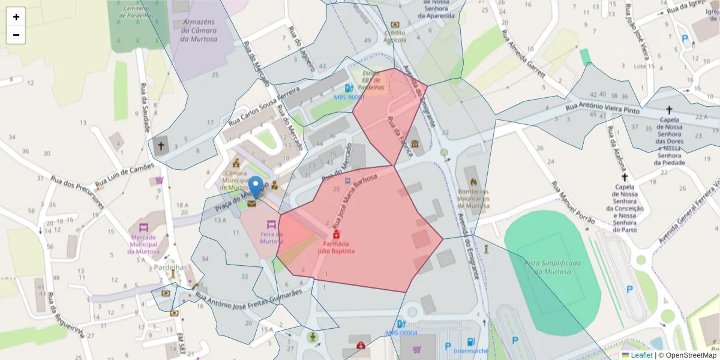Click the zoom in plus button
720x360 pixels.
click(16, 17)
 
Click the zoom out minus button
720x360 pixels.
click(16, 35)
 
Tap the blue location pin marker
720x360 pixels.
click(256, 187)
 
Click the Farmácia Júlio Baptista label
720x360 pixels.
click(336, 247)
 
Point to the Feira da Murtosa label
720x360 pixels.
click(271, 238)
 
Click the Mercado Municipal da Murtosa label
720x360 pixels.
click(144, 244)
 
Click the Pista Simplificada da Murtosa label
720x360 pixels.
click(553, 268)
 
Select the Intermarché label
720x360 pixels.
click(471, 350)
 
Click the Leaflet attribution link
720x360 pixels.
click(641, 355)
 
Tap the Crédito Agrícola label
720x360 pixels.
click(395, 36)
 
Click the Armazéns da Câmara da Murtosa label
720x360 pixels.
click(199, 31)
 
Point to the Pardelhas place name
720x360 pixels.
click(171, 267)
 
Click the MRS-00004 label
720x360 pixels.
click(401, 333)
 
